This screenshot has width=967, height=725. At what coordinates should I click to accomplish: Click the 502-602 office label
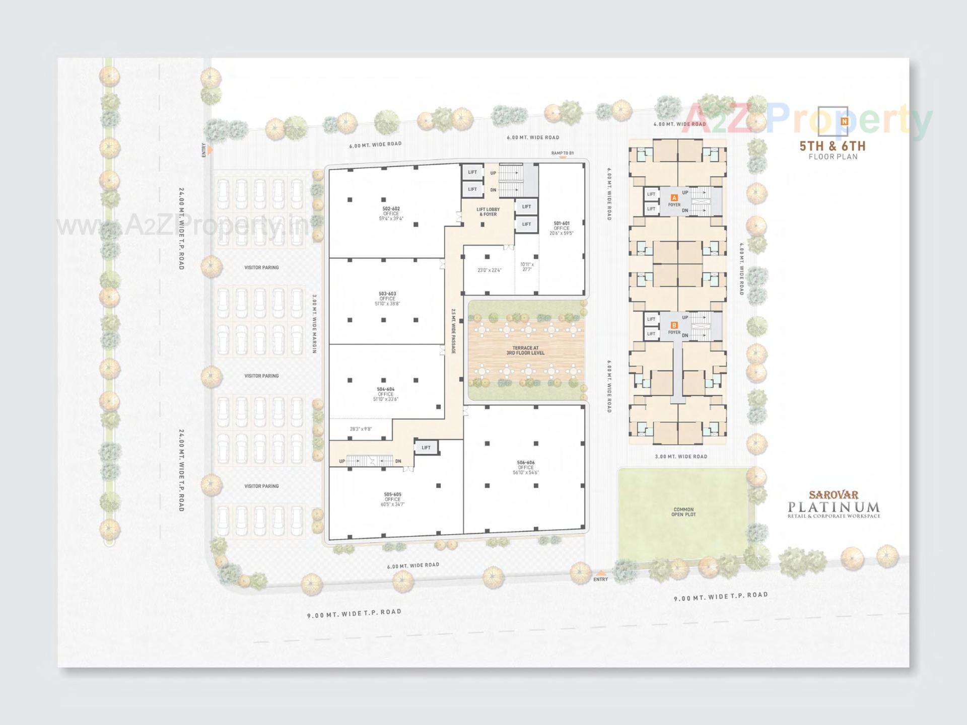pos(391,213)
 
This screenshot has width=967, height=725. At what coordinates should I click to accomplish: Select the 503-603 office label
pos(387,299)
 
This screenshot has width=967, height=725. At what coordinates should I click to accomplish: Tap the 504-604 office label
pos(386,394)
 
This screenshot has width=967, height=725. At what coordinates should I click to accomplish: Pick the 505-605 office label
pos(392,499)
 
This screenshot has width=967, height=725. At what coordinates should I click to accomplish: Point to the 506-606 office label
pos(526,467)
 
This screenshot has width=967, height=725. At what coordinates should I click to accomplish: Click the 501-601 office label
pos(562,228)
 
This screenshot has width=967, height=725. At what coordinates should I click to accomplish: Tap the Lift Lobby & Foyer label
pos(488,212)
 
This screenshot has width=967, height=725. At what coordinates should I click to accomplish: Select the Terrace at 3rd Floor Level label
pos(525,350)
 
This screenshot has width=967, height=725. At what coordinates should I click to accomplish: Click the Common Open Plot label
pos(683,512)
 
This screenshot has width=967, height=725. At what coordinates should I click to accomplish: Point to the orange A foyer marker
pos(674,198)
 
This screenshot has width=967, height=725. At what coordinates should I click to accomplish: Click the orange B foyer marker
pos(674,325)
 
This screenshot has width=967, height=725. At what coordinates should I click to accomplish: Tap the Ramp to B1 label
pos(562,153)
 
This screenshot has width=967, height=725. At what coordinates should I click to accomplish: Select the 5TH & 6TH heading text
pos(833,146)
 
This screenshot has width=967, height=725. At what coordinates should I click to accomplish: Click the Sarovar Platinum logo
pos(834,505)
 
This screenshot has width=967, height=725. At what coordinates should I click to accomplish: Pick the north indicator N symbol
pos(845,121)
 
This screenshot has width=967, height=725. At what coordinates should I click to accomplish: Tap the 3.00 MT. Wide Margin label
pos(314,324)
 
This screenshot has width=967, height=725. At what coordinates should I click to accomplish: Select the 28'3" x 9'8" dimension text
pos(361,429)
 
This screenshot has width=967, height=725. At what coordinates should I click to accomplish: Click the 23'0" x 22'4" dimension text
pos(489,270)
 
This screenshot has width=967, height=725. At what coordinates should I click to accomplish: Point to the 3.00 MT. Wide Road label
pos(681,457)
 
